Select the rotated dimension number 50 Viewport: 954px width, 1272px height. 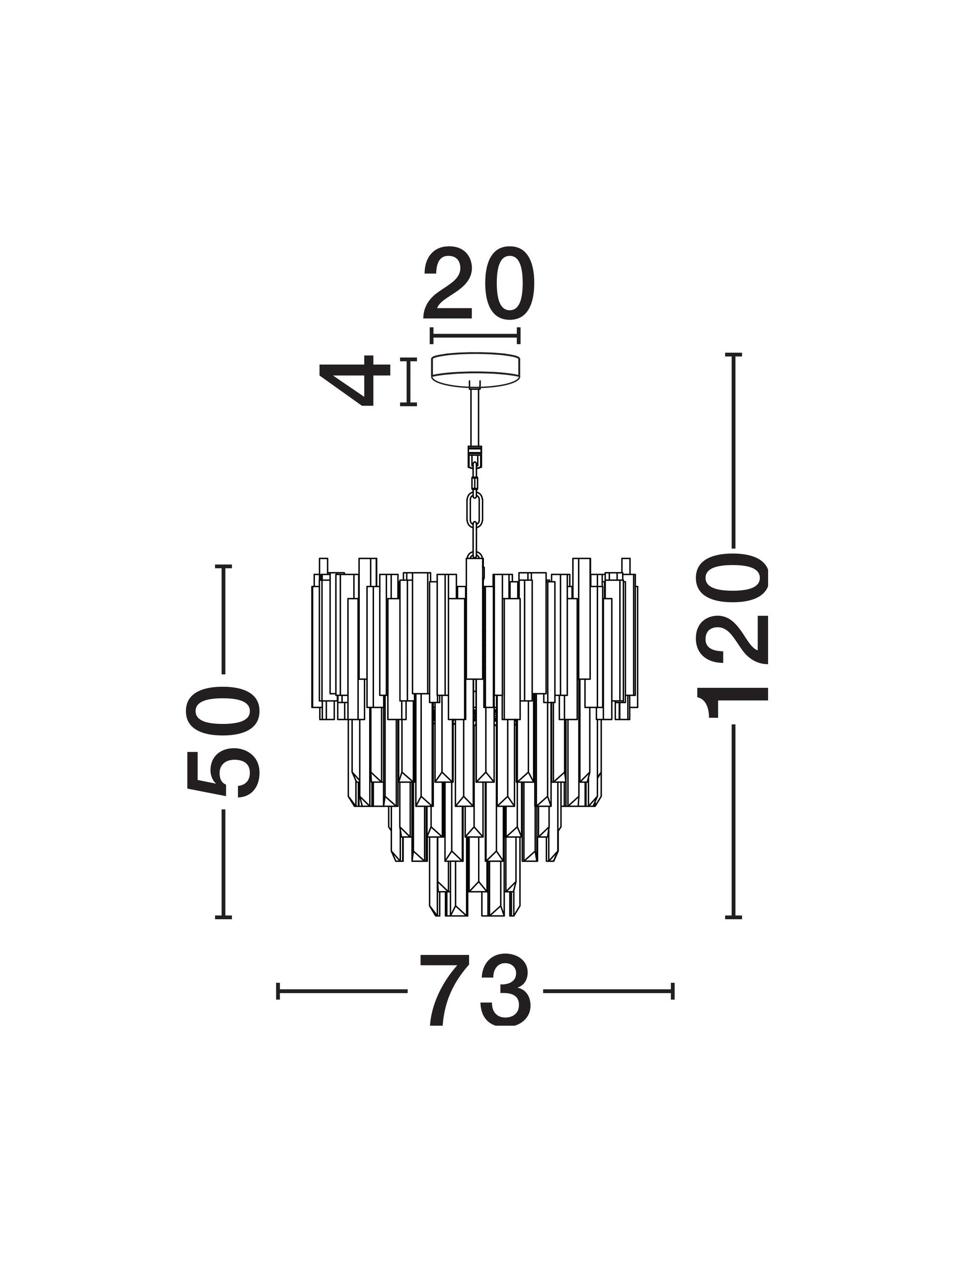tap(224, 741)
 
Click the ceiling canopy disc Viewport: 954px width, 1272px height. tap(475, 366)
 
